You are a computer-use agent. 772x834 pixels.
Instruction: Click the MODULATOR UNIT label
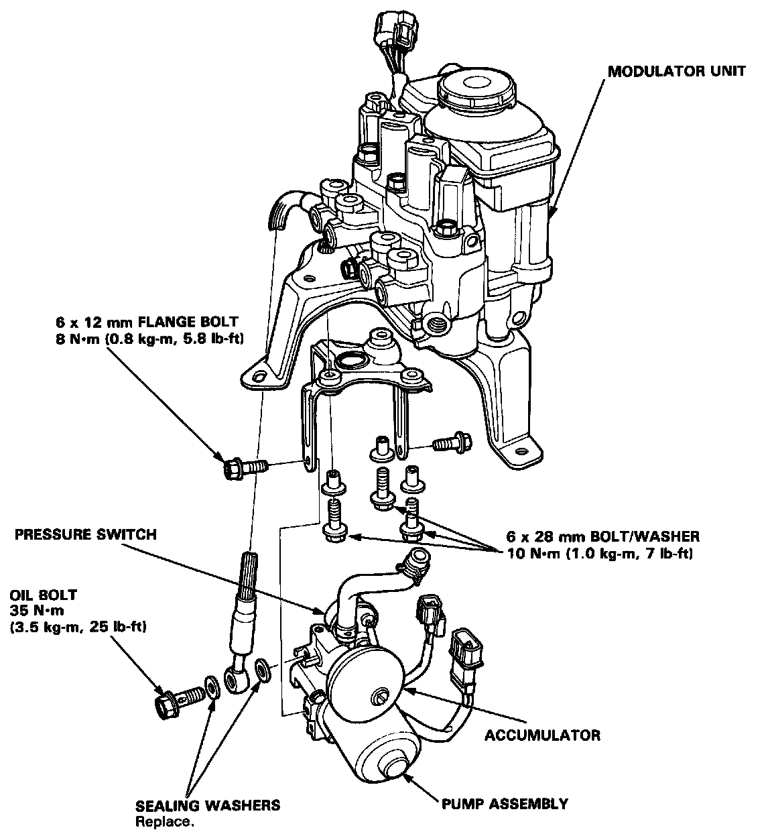click(x=676, y=71)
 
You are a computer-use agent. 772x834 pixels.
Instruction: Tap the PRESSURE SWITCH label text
click(x=86, y=535)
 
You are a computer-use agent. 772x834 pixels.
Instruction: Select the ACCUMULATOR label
click(x=542, y=735)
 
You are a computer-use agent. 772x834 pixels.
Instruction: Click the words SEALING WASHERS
click(x=208, y=805)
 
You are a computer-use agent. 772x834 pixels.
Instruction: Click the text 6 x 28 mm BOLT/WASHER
click(x=603, y=536)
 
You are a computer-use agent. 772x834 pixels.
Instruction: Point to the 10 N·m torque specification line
click(x=600, y=554)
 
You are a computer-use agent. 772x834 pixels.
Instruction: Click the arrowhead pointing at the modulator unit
click(x=552, y=214)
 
